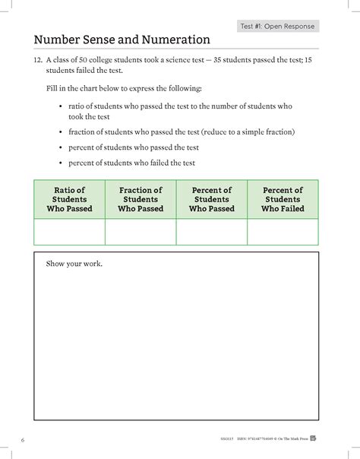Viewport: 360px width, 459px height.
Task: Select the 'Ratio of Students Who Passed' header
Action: click(69, 199)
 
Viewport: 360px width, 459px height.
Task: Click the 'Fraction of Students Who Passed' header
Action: click(141, 199)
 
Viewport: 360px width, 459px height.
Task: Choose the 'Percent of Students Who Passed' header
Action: click(211, 199)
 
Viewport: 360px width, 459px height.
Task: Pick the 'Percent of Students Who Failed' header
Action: click(283, 199)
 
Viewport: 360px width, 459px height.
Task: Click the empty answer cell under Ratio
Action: click(69, 231)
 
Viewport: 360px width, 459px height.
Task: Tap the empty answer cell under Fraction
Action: click(141, 231)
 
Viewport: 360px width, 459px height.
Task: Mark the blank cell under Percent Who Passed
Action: click(211, 231)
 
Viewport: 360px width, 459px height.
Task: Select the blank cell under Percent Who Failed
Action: click(283, 231)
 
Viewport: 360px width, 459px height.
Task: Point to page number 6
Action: click(24, 441)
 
